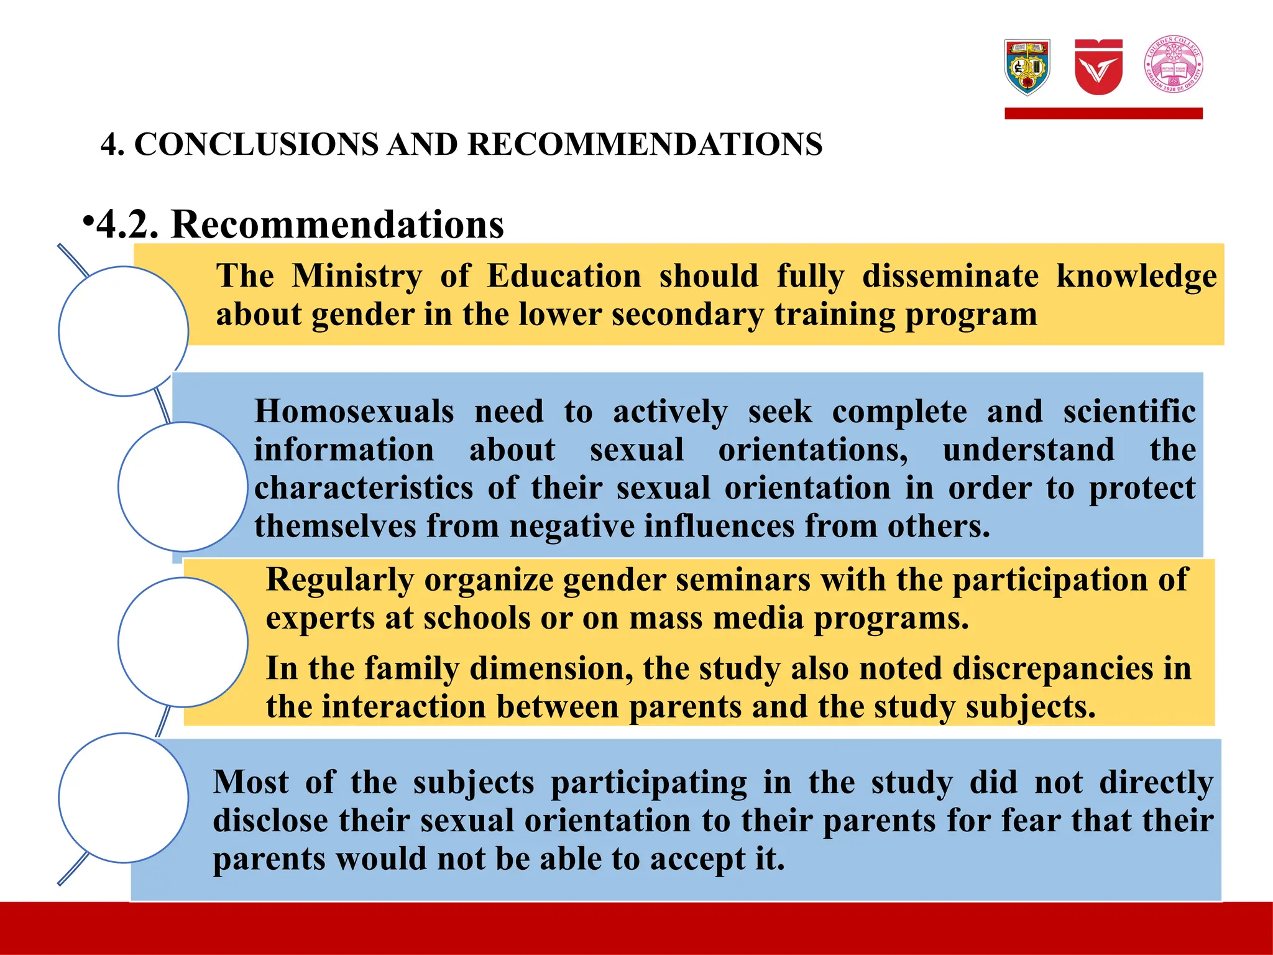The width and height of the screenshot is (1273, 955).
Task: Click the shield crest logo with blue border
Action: tap(1027, 67)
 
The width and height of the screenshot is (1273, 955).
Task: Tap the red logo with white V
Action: tap(1098, 67)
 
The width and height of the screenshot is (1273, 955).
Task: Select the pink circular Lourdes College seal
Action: tap(1174, 64)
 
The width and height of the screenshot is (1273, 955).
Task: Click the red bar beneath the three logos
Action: tap(1103, 113)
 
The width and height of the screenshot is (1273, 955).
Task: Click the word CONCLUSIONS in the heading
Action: tap(256, 144)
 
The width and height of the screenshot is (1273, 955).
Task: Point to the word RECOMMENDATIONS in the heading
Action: tap(645, 144)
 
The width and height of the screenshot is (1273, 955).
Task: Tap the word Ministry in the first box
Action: tap(357, 276)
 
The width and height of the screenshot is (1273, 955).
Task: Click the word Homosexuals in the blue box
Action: tap(354, 412)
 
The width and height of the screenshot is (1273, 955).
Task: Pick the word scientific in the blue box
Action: tap(1129, 412)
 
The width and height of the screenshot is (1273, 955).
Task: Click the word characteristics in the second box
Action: tap(364, 488)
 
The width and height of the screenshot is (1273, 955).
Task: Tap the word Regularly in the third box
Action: tap(339, 580)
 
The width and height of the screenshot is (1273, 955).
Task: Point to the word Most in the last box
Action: tap(250, 782)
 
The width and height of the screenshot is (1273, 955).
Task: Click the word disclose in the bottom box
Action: tap(270, 821)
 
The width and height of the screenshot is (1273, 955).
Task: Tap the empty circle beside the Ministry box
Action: tap(124, 331)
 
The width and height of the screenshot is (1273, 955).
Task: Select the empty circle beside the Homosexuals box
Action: tap(183, 487)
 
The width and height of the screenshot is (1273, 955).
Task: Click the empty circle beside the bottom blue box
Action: tap(124, 798)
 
